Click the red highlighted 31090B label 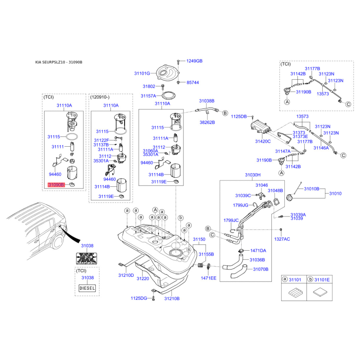point(56,185)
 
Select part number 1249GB point(194,61)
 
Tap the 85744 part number point(193,83)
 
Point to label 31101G point(142,73)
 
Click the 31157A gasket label point(148,96)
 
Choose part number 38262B point(207,122)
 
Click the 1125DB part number point(239,117)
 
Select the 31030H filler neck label point(253,175)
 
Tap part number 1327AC point(282,239)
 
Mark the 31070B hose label point(261,269)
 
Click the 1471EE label point(208,278)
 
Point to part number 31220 point(143,279)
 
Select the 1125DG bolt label point(139,298)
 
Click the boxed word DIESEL point(87,288)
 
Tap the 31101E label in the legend point(322,280)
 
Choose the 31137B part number point(101,145)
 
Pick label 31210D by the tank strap point(126,274)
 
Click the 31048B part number point(275,190)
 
